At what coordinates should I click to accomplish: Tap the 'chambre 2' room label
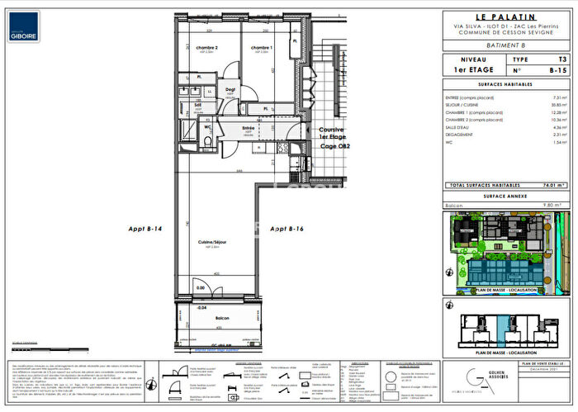click(x=206, y=48)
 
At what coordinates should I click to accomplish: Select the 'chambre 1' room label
click(x=262, y=48)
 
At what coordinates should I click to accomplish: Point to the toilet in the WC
click(x=202, y=141)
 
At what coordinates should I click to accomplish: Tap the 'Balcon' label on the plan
click(x=222, y=318)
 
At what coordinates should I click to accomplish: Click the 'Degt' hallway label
click(x=231, y=89)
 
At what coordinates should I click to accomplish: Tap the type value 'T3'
click(x=562, y=60)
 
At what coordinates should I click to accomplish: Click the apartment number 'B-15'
click(x=559, y=72)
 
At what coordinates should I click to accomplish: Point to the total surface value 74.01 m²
click(x=554, y=186)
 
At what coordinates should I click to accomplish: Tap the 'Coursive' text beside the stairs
click(x=333, y=130)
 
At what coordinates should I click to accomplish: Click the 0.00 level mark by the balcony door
click(x=201, y=287)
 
